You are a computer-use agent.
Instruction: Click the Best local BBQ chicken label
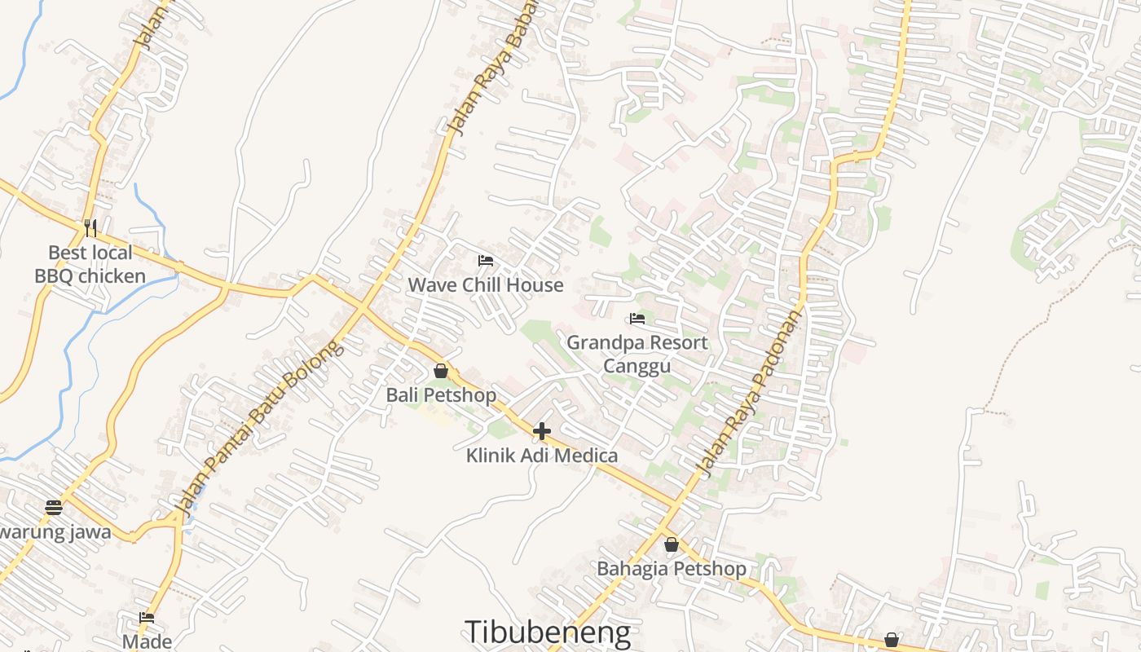coord(90,264)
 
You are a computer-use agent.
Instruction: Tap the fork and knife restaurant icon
coord(90,227)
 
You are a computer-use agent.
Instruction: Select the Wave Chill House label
coord(486,284)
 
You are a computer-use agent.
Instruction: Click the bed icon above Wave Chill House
coord(486,261)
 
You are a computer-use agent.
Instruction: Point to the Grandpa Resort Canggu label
coord(637,354)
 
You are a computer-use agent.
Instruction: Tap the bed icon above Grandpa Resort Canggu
coord(637,319)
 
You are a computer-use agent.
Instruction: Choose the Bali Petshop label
coord(441,395)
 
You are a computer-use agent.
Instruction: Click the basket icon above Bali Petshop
coord(441,372)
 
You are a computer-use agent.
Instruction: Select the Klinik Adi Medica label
coord(542,456)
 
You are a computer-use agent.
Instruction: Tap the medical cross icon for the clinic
coord(542,431)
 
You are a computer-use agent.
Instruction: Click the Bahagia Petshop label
coord(672,569)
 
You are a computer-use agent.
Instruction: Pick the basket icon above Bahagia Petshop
coord(672,544)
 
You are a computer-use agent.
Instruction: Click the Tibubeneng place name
coord(548,632)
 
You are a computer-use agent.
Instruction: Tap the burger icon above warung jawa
coord(54,508)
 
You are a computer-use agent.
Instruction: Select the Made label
coord(148,641)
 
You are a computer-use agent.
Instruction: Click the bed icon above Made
coord(147,618)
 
